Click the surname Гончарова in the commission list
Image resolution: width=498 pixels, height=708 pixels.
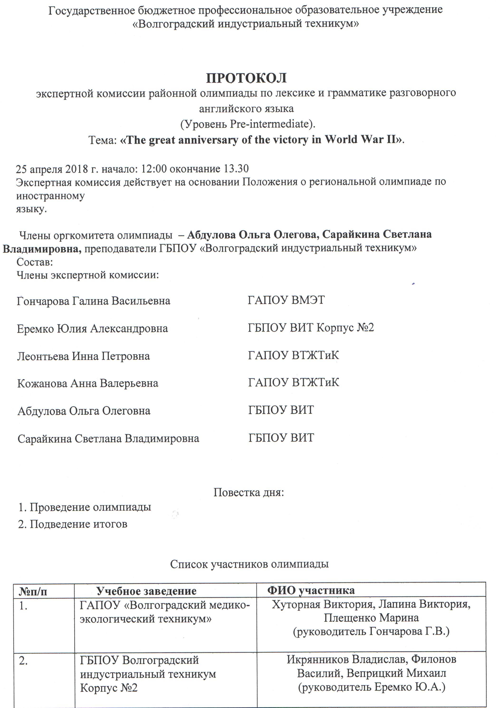(x=43, y=301)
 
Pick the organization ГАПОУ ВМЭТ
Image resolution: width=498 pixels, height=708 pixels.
(x=286, y=300)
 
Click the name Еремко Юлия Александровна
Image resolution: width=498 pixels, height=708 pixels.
(x=92, y=328)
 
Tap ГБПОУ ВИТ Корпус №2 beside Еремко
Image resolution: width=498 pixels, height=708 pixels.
(x=311, y=328)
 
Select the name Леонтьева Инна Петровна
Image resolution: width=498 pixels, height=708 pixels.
(x=83, y=356)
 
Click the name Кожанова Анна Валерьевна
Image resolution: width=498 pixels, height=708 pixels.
(x=88, y=383)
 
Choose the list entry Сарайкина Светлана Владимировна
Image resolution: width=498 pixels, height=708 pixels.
(x=108, y=438)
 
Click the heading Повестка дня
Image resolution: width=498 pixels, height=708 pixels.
(x=249, y=492)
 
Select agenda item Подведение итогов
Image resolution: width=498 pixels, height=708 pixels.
(x=78, y=524)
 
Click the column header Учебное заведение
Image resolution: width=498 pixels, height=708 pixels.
(x=146, y=591)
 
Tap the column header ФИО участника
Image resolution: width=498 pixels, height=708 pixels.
(x=311, y=590)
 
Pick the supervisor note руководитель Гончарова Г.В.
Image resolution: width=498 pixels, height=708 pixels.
(x=371, y=632)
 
